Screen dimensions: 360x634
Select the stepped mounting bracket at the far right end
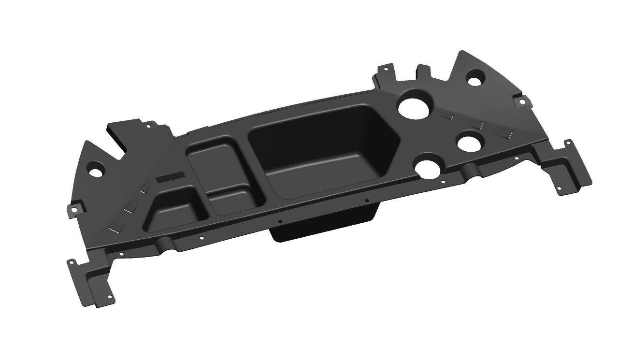(x=565, y=169)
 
